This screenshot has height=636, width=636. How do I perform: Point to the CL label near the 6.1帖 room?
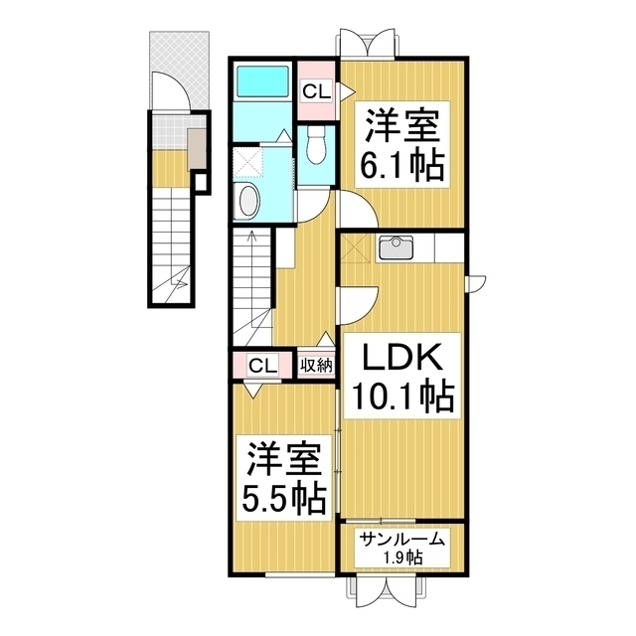pos(317,91)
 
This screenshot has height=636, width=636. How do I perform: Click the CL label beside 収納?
pos(262,365)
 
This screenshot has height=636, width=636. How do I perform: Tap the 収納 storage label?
pos(317,365)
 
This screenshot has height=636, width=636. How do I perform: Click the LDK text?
pos(398,357)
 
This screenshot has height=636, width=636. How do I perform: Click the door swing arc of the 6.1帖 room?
pos(356,209)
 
